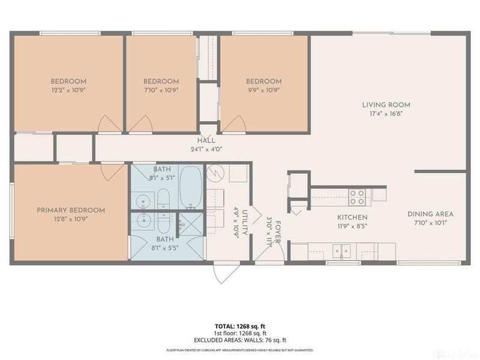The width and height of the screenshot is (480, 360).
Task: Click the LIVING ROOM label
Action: tap(386, 104)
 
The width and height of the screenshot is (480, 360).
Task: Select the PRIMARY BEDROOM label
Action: tap(71, 210)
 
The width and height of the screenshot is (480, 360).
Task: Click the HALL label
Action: tap(206, 141)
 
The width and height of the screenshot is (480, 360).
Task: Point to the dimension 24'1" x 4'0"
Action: tap(206, 149)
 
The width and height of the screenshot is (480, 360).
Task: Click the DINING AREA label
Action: tap(430, 214)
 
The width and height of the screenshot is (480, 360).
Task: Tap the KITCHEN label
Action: tap(352, 217)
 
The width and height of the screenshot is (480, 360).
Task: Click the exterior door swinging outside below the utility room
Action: tap(229, 274)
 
